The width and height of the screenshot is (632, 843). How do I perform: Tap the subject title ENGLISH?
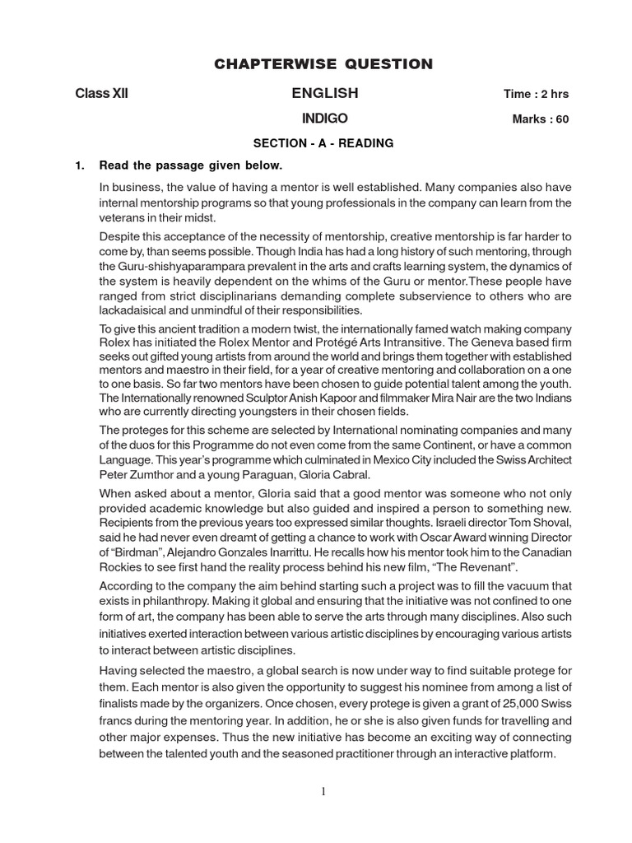click(324, 93)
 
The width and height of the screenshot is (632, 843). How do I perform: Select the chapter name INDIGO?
click(324, 118)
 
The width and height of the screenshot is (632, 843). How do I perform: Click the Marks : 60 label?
click(541, 119)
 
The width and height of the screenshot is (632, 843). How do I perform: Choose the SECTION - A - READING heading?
click(323, 143)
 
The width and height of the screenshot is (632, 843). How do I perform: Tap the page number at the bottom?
click(323, 792)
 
